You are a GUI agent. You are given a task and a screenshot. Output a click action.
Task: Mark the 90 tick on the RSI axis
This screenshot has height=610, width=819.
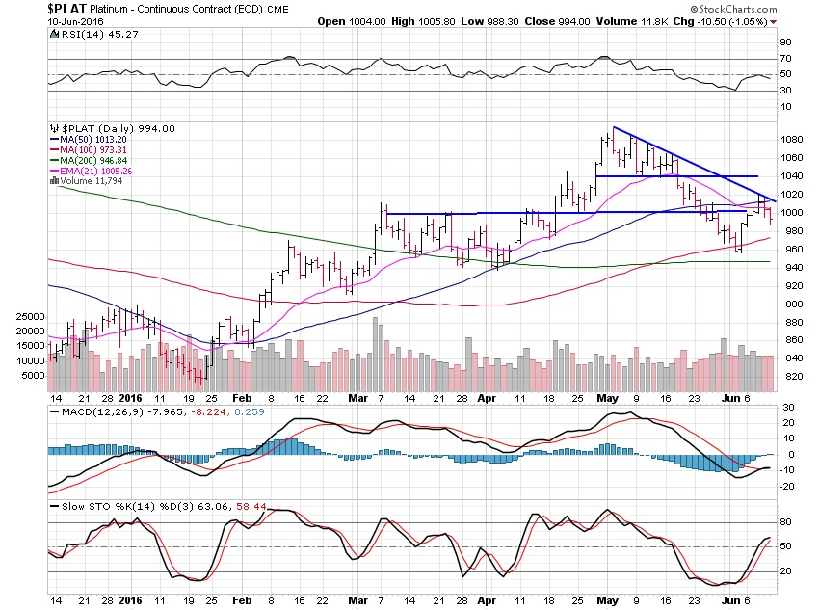click(x=785, y=41)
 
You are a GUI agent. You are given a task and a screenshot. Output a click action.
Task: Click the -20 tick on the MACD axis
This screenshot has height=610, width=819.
click(x=787, y=486)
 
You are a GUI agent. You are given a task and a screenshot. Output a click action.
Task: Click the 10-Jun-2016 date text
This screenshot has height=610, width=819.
click(x=33, y=21)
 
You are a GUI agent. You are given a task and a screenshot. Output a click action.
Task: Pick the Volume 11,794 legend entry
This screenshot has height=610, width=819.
click(x=81, y=181)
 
